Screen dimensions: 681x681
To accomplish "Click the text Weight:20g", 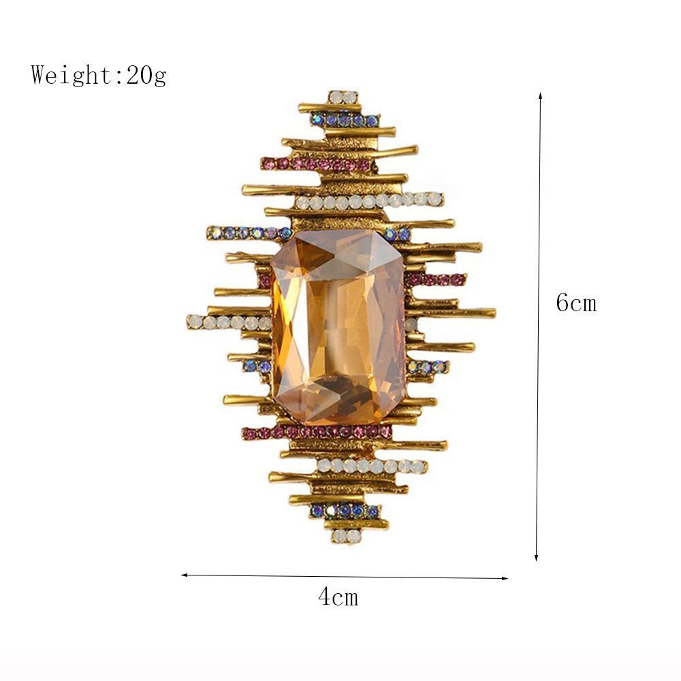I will (x=98, y=74).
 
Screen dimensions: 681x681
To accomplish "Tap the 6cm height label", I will (x=575, y=302).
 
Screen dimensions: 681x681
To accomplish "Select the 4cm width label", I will (x=337, y=597).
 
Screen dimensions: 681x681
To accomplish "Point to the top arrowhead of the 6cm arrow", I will (x=540, y=95).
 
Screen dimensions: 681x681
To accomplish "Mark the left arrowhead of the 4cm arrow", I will (x=185, y=575).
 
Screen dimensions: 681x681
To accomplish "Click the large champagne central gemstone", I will (x=338, y=326).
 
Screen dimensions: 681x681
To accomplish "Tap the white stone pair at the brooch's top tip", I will (x=343, y=97).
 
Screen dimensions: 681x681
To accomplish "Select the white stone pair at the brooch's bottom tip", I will (x=347, y=536).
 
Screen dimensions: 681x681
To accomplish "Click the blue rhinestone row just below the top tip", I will (x=345, y=121).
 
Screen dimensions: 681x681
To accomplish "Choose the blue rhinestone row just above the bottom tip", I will (x=345, y=510).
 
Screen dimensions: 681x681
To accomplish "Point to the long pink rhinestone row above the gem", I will (x=316, y=164).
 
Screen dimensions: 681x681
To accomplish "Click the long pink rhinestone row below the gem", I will (x=317, y=432).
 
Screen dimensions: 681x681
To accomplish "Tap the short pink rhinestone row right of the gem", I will (x=437, y=279).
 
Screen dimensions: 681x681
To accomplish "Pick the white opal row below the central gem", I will (x=372, y=466).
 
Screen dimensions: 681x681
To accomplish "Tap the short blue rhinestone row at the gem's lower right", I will (x=428, y=367).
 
